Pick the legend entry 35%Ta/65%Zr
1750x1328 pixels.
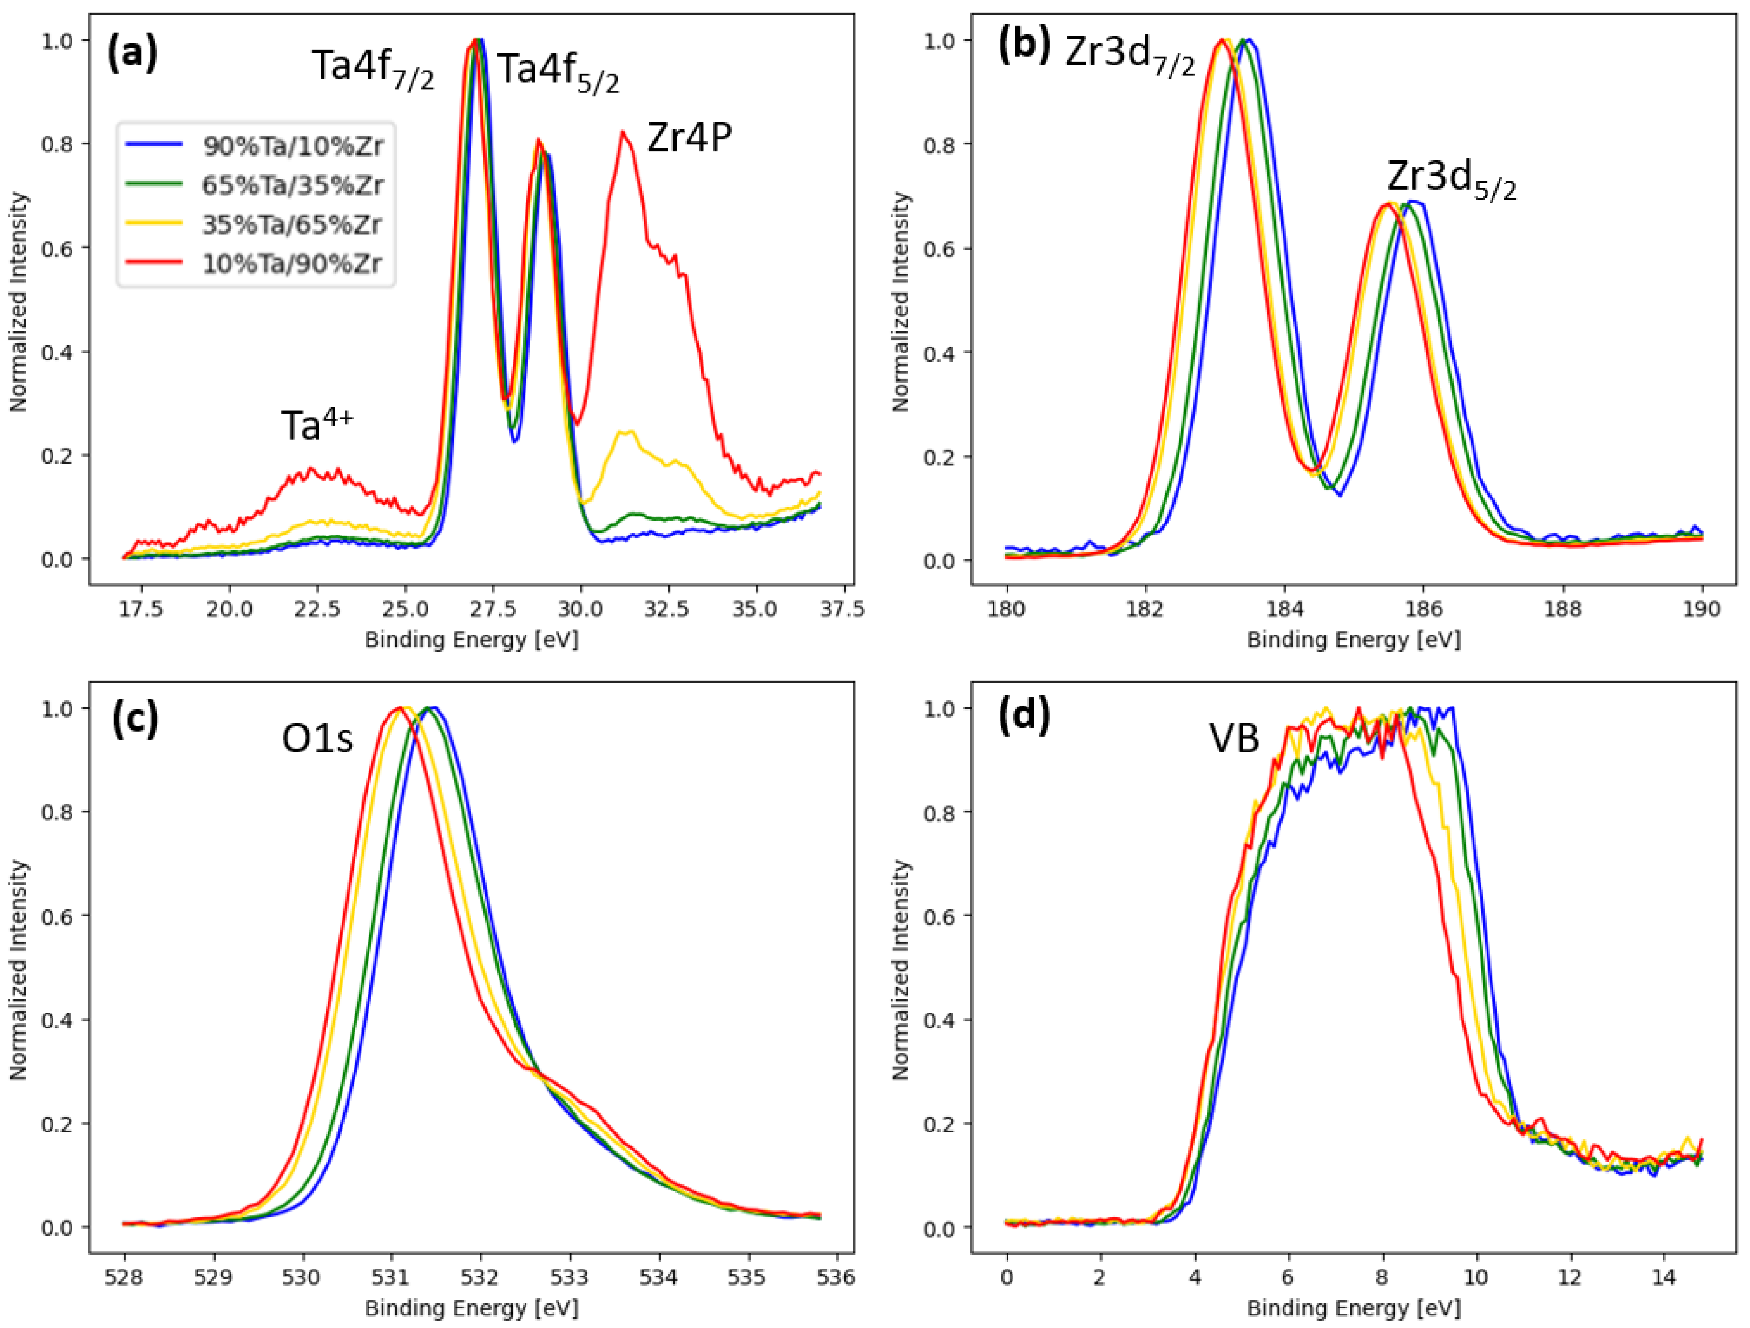click(293, 225)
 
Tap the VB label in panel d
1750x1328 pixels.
click(1234, 738)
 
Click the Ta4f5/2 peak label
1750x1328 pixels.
click(558, 71)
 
